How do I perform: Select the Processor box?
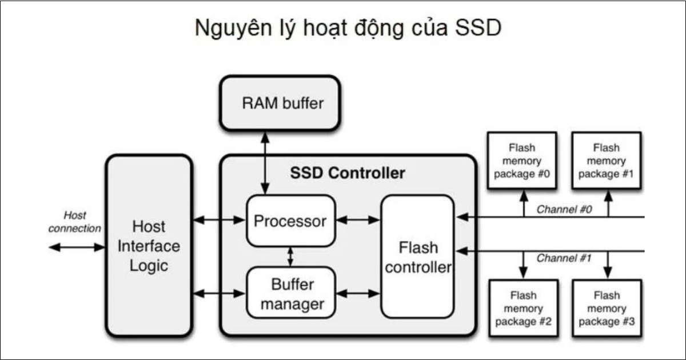pyautogui.click(x=290, y=221)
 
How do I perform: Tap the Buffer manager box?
pyautogui.click(x=290, y=293)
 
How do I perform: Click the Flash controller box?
pyautogui.click(x=418, y=257)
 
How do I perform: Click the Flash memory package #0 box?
pyautogui.click(x=521, y=161)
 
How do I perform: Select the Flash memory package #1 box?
pyautogui.click(x=607, y=161)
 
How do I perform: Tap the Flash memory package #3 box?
pyautogui.click(x=607, y=309)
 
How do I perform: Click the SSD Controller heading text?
pyautogui.click(x=348, y=173)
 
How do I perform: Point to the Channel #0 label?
pyautogui.click(x=563, y=209)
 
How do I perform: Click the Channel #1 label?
pyautogui.click(x=563, y=258)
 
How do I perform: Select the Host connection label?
pyautogui.click(x=74, y=222)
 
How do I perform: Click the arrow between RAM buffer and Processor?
pyautogui.click(x=265, y=162)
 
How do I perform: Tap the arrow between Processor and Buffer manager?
pyautogui.click(x=290, y=257)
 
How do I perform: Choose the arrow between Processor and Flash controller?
pyautogui.click(x=358, y=219)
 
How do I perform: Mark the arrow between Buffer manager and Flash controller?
pyautogui.click(x=358, y=293)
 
